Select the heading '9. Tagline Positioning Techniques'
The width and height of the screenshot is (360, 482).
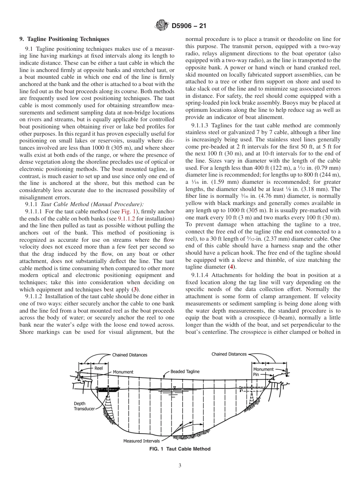click(x=64, y=39)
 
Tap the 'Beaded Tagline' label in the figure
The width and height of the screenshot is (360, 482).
click(x=185, y=372)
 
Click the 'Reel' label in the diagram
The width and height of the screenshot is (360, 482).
click(x=99, y=368)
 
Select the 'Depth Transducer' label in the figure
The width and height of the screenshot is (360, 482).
click(x=84, y=406)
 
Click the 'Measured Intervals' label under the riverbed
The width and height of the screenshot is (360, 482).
click(x=141, y=441)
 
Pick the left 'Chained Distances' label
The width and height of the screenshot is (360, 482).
click(x=129, y=355)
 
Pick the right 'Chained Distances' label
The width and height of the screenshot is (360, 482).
click(x=229, y=354)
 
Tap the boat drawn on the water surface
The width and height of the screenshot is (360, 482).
click(x=107, y=389)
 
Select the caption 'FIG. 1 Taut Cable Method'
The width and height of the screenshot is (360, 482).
click(x=180, y=449)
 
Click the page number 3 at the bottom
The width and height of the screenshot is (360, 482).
click(x=180, y=466)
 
